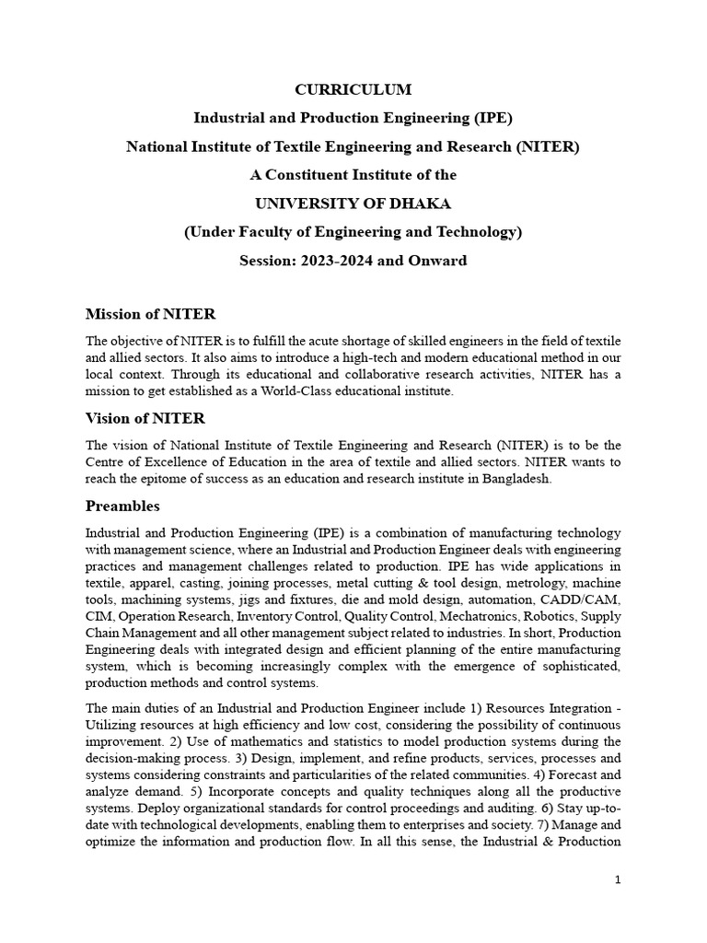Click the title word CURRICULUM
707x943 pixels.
353,89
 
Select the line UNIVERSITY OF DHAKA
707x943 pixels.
353,203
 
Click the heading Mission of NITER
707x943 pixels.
150,315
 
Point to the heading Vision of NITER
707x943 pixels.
145,419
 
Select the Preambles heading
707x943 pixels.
122,506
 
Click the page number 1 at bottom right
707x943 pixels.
619,880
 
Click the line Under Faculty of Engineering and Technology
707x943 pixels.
353,232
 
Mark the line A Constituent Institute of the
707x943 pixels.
353,174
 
